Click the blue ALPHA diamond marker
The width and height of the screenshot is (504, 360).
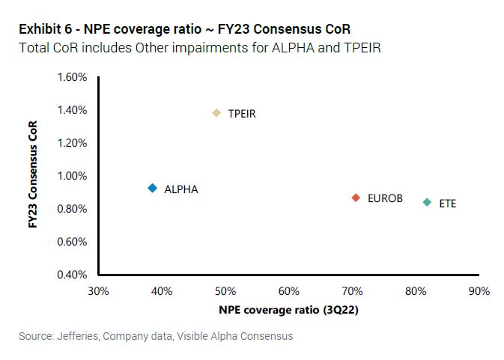[152, 189]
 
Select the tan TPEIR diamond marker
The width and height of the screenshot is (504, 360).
[216, 113]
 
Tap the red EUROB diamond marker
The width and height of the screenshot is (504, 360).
[356, 198]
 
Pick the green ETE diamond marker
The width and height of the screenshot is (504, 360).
[427, 202]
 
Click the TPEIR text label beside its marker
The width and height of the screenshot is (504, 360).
[242, 114]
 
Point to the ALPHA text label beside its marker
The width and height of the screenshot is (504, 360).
[181, 189]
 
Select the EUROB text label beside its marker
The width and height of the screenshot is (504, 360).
[385, 198]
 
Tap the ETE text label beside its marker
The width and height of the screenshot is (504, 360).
[447, 203]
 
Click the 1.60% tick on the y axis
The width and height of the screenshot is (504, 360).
[73, 77]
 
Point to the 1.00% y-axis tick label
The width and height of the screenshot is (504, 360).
[73, 176]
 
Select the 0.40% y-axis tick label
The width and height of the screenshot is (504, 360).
[73, 275]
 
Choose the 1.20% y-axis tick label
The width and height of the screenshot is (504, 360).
[73, 143]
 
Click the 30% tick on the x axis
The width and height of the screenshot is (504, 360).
[99, 290]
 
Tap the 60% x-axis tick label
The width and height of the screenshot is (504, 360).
[289, 290]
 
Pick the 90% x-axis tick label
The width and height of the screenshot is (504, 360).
[479, 290]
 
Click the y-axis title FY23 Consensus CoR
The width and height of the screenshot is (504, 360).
[34, 176]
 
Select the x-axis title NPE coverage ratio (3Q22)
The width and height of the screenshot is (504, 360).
[288, 309]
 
